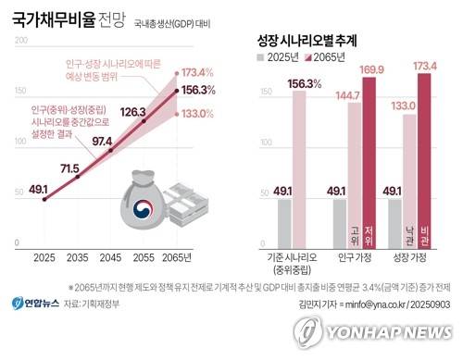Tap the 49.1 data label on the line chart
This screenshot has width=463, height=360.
pos(39,189)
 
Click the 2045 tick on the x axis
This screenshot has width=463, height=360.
pos(111,256)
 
